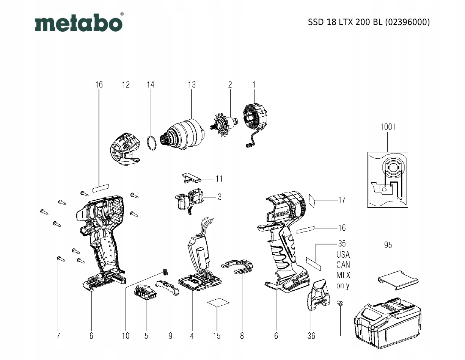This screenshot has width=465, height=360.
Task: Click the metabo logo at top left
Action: tap(79, 23)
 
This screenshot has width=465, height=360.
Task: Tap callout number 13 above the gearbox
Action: tap(192, 85)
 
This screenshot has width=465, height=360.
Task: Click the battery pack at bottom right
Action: tap(386, 323)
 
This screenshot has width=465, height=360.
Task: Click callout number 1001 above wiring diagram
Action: tap(388, 127)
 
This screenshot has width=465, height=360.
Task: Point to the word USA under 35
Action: tap(343, 254)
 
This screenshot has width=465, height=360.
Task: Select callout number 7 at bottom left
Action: tap(58, 336)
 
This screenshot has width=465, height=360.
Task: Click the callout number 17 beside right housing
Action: tap(342, 199)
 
